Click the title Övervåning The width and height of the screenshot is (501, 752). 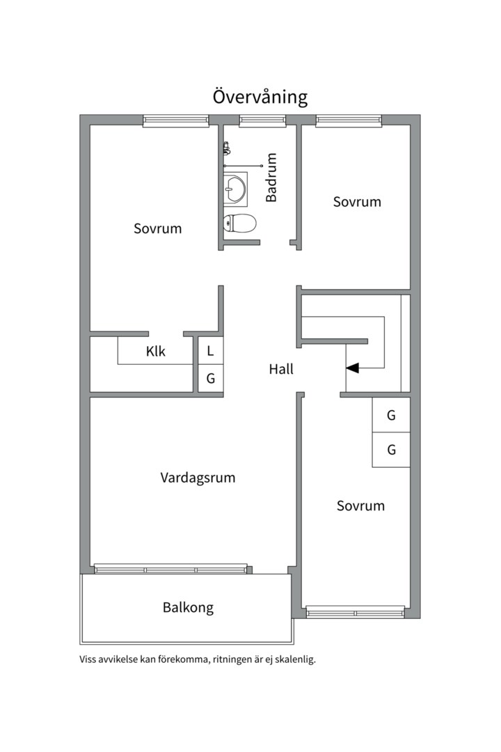[260, 97]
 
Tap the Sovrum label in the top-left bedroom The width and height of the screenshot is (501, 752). [157, 228]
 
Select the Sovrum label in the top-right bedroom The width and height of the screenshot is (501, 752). [357, 202]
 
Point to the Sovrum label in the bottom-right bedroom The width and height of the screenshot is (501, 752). [360, 506]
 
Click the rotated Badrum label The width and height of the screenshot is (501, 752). [271, 178]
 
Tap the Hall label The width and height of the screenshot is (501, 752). [281, 369]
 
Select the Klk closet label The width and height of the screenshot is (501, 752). [156, 352]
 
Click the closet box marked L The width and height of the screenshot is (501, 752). [210, 350]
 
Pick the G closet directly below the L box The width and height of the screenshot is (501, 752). [210, 379]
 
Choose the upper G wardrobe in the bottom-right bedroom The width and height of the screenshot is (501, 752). [391, 415]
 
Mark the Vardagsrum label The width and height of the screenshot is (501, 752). [198, 478]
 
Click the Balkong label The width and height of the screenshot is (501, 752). [188, 607]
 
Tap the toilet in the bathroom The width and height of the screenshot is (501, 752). [239, 224]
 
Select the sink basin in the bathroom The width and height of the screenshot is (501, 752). [235, 188]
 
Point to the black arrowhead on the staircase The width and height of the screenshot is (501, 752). [353, 368]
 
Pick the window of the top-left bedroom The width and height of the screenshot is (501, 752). [176, 121]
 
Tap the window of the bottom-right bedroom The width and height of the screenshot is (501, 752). [356, 613]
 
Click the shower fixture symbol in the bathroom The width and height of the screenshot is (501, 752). [226, 148]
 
